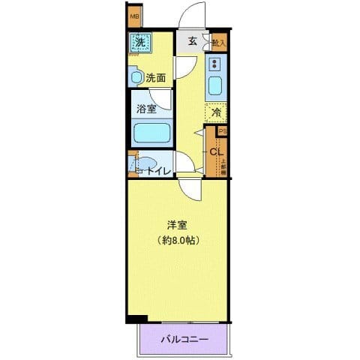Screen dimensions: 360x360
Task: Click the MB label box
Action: [x=134, y=16]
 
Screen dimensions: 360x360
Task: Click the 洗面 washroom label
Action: [x=155, y=76]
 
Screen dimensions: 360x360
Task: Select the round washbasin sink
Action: [x=136, y=76]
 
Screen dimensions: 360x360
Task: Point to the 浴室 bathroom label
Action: [x=145, y=109]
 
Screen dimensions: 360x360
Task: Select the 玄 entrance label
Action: [x=192, y=41]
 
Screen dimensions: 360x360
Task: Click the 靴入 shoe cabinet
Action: [x=219, y=44]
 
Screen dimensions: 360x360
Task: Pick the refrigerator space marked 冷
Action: [x=216, y=113]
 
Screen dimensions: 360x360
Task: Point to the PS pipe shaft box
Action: [x=222, y=130]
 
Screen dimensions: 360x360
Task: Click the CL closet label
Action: [x=216, y=151]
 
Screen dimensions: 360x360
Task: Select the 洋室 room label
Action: [x=177, y=224]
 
